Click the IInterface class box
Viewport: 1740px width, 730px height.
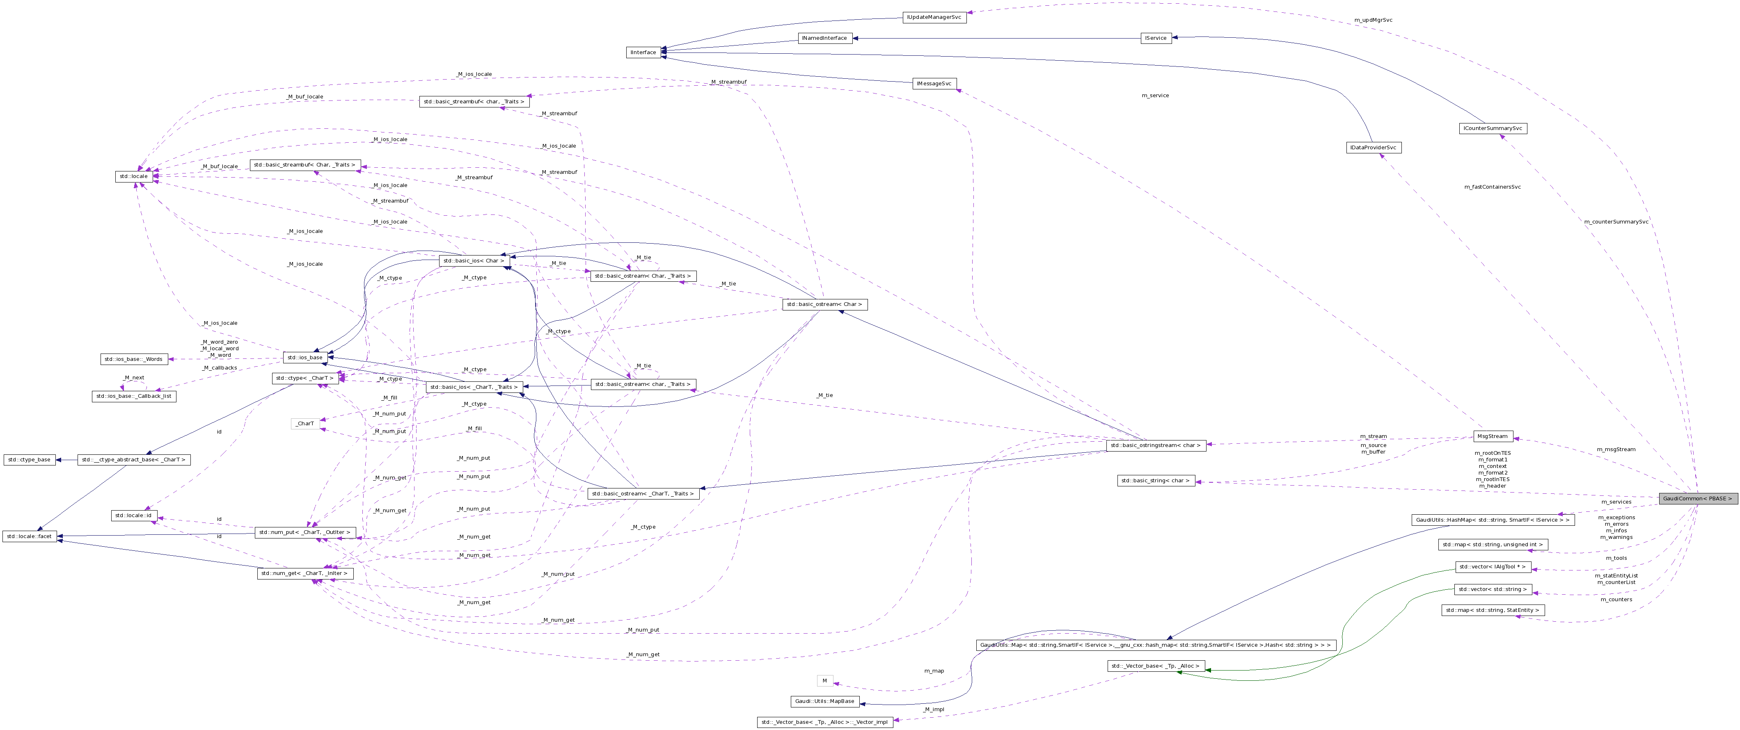tap(643, 52)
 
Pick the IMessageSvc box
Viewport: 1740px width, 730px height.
tap(934, 84)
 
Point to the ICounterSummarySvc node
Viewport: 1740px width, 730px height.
tap(1492, 128)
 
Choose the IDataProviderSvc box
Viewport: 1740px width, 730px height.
tap(1373, 147)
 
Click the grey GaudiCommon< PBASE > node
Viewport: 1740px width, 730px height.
tap(1697, 498)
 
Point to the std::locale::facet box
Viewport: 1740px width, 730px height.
tap(29, 536)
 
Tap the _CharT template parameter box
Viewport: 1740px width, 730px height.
tap(305, 423)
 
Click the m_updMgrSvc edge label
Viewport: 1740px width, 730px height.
tap(1373, 20)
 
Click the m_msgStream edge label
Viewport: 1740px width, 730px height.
tap(1616, 449)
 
